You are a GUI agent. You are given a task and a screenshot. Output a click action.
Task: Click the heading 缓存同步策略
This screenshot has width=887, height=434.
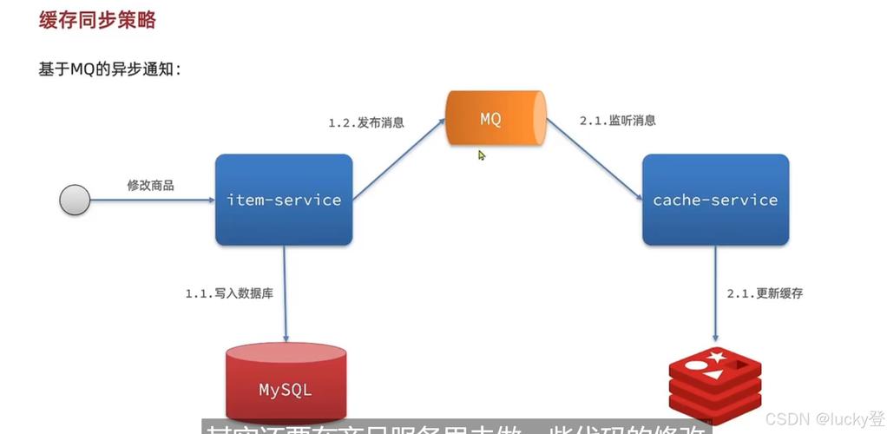pyautogui.click(x=97, y=21)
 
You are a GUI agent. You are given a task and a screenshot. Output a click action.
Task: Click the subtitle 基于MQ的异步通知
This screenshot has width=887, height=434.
pyautogui.click(x=109, y=70)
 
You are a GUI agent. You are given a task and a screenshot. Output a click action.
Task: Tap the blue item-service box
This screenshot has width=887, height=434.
pyautogui.click(x=284, y=200)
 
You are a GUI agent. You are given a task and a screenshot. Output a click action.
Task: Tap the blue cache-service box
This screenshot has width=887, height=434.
pyautogui.click(x=715, y=200)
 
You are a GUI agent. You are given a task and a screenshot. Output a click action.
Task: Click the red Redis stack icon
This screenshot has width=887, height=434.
pyautogui.click(x=714, y=382)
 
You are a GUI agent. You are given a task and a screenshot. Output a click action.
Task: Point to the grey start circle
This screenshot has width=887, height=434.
pyautogui.click(x=75, y=201)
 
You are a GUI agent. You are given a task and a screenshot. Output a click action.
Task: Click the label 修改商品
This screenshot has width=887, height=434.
pyautogui.click(x=150, y=185)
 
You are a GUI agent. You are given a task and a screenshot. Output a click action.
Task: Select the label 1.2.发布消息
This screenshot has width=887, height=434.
pyautogui.click(x=365, y=122)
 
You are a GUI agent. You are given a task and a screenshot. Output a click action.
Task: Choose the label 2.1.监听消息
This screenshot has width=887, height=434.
pyautogui.click(x=617, y=121)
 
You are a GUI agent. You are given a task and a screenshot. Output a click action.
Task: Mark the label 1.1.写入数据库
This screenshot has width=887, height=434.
pyautogui.click(x=229, y=293)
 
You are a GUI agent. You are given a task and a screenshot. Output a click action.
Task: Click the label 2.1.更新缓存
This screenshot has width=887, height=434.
pyautogui.click(x=765, y=293)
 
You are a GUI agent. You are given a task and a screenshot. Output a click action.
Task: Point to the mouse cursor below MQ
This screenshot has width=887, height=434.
pyautogui.click(x=482, y=155)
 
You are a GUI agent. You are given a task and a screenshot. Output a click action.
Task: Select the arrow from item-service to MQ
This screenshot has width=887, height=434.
pyautogui.click(x=399, y=155)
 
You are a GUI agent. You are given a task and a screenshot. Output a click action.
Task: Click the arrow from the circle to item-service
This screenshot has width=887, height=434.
pyautogui.click(x=152, y=201)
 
